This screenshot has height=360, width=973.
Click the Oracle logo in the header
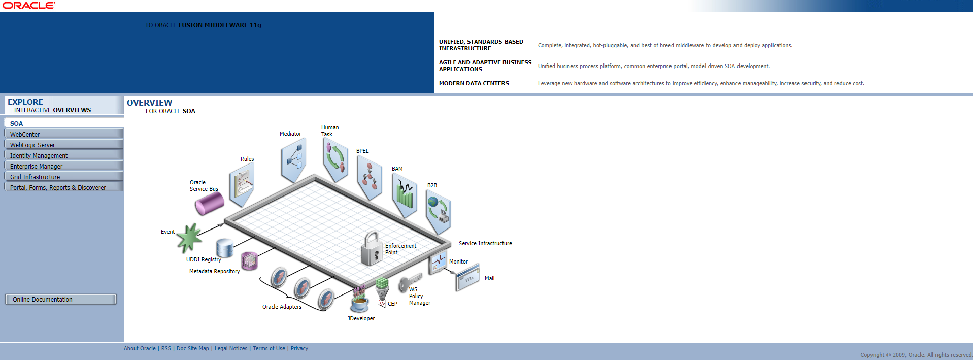pyautogui.click(x=29, y=6)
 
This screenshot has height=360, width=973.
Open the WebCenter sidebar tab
pyautogui.click(x=63, y=134)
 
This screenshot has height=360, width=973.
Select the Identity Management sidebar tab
pyautogui.click(x=63, y=155)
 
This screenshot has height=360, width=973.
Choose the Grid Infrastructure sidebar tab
pyautogui.click(x=63, y=177)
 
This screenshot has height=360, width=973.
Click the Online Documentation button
pyautogui.click(x=61, y=300)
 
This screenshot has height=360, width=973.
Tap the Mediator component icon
pyautogui.click(x=293, y=160)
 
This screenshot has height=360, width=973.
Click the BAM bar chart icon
pyautogui.click(x=405, y=196)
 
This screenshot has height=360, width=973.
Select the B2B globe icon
pyautogui.click(x=438, y=212)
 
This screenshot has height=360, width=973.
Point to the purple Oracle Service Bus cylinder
pyautogui.click(x=209, y=203)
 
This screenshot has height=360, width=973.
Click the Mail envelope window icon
pyautogui.click(x=467, y=278)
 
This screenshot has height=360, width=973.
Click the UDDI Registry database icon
pyautogui.click(x=224, y=247)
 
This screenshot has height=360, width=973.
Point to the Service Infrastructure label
pyautogui.click(x=485, y=243)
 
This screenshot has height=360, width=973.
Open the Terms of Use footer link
pyautogui.click(x=269, y=348)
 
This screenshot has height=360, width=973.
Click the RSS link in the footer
pyautogui.click(x=166, y=348)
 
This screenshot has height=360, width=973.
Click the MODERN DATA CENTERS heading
pyautogui.click(x=474, y=83)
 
